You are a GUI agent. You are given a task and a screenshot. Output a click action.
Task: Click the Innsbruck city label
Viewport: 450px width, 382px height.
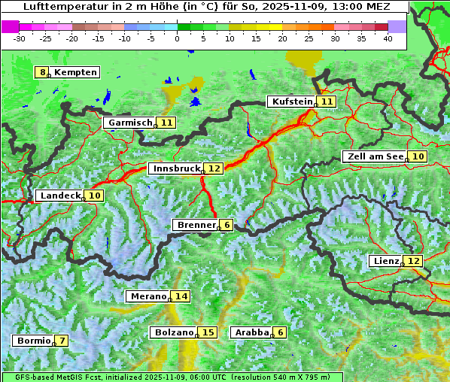(176, 168)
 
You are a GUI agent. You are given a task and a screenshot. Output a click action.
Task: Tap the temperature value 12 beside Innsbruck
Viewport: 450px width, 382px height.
(215, 168)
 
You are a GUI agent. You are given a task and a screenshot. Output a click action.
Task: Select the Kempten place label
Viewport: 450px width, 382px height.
(75, 72)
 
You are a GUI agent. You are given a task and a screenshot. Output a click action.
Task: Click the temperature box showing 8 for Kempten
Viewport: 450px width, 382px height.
(43, 72)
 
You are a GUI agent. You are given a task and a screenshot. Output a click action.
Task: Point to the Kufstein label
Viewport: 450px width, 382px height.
(292, 102)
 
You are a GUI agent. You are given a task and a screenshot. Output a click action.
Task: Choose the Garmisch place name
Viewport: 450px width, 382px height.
(130, 123)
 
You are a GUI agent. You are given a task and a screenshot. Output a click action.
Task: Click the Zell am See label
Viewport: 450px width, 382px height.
(375, 156)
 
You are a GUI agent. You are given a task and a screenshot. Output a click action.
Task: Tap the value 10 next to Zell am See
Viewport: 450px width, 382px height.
(418, 156)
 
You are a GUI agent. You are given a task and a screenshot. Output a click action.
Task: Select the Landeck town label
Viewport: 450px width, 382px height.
(60, 196)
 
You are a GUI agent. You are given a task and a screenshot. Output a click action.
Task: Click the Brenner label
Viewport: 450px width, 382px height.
(196, 225)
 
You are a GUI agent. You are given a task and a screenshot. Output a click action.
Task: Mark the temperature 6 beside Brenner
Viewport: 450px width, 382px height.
(227, 225)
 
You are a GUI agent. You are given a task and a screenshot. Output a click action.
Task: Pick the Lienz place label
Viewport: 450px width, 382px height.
(386, 261)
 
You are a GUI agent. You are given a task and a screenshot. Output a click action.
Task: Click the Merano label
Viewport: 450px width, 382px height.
(147, 296)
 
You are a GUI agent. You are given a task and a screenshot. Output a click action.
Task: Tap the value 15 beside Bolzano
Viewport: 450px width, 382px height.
(208, 332)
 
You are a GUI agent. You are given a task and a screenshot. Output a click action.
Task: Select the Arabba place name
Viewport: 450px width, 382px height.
(252, 332)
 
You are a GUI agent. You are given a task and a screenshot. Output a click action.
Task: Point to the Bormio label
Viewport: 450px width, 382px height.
(32, 341)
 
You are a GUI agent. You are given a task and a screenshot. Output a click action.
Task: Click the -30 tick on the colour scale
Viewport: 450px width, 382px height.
(20, 38)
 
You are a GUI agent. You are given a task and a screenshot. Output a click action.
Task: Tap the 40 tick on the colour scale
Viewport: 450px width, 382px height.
(388, 38)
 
